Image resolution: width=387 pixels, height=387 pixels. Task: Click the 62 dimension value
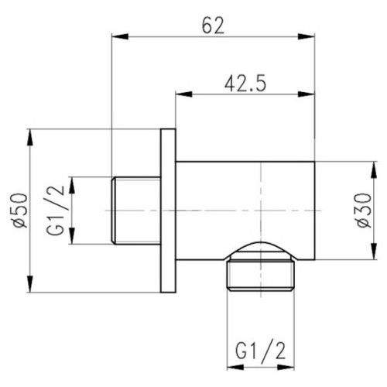213,26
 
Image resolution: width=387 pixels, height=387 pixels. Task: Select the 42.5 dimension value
245,84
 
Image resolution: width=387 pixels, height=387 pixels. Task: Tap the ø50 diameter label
20,211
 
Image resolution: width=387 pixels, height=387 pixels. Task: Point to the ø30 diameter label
365,211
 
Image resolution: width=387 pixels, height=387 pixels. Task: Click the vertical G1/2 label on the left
56,211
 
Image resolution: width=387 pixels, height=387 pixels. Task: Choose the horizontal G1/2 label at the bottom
261,351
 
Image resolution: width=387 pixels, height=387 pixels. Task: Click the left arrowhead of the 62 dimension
120,36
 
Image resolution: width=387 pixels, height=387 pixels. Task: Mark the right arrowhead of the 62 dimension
307,36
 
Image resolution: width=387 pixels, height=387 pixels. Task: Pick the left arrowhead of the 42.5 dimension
184,94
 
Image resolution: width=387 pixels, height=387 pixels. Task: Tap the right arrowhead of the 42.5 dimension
307,94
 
